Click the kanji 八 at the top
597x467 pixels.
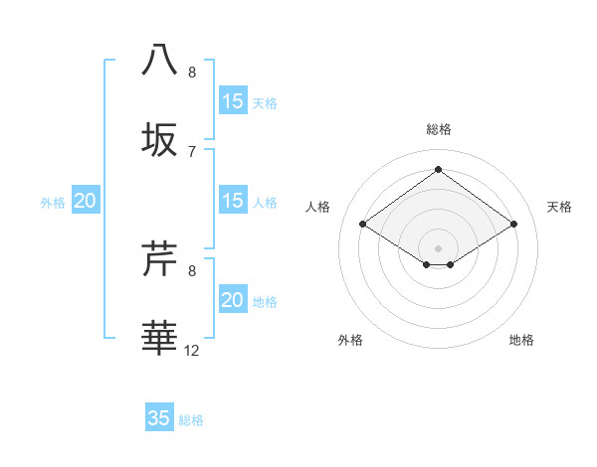[x=160, y=60]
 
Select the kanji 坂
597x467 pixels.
[x=160, y=139]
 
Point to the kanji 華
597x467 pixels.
[x=160, y=338]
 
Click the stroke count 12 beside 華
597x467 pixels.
[x=192, y=350]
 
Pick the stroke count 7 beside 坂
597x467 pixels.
[x=192, y=151]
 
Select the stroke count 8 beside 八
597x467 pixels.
[x=192, y=73]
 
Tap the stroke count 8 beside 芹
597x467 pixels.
[x=192, y=270]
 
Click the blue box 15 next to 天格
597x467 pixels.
[x=232, y=101]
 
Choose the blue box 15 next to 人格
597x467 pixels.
[x=232, y=201]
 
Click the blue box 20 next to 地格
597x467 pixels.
[x=232, y=300]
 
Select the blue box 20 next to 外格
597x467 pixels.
[x=86, y=201]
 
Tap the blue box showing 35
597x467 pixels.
[x=159, y=418]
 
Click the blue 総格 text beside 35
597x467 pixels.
[x=191, y=420]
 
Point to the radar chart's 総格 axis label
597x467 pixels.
[x=438, y=129]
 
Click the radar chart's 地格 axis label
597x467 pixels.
[x=521, y=340]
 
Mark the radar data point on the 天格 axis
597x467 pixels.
[x=513, y=225]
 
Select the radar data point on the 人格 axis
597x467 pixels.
[x=363, y=225]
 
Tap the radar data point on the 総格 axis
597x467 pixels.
[x=438, y=170]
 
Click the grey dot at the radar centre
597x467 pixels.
[x=438, y=247]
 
